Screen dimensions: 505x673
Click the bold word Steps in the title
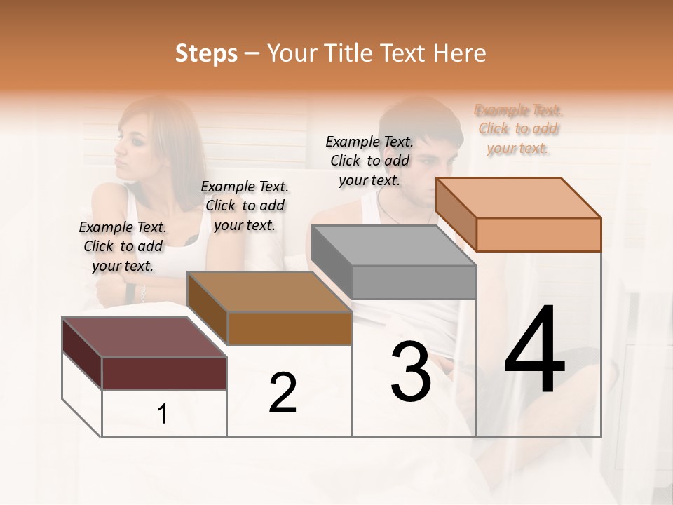(x=206, y=53)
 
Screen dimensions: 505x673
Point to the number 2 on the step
(x=283, y=393)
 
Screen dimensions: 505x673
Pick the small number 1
(x=163, y=414)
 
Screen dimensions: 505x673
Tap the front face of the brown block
(x=290, y=328)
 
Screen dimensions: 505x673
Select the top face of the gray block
(x=393, y=245)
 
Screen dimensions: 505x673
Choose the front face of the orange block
(x=538, y=234)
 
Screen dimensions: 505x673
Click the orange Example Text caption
(x=519, y=129)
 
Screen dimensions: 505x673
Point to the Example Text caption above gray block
(x=369, y=161)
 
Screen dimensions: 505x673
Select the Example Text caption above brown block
(x=245, y=206)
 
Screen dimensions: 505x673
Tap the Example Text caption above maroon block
(x=123, y=246)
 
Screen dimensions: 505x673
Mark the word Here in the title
(x=461, y=53)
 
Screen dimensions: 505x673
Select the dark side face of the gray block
(x=331, y=262)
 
